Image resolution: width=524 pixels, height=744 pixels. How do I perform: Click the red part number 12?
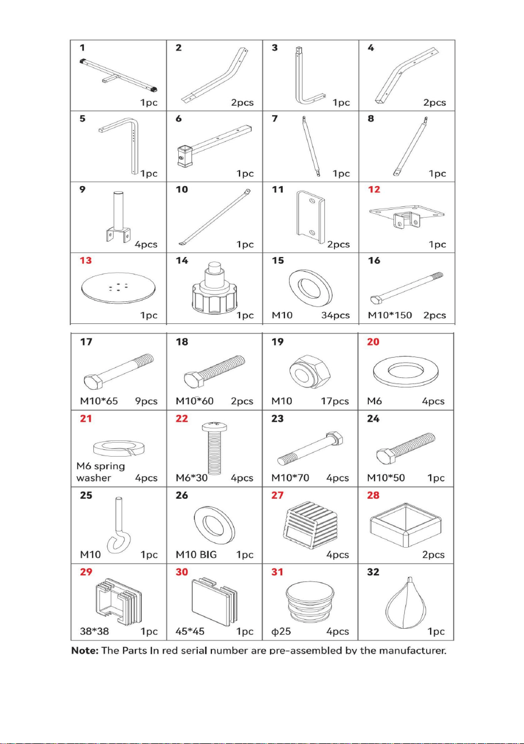click(374, 190)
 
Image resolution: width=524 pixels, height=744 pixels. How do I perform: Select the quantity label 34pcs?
click(336, 315)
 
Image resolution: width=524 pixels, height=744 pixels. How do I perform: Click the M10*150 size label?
click(390, 315)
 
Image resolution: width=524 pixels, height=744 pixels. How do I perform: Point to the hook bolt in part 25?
click(119, 525)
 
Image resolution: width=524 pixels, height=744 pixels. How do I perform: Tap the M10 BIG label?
click(196, 554)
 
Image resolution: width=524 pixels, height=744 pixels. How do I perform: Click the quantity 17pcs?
click(335, 401)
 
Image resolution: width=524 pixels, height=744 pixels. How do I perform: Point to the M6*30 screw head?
click(214, 426)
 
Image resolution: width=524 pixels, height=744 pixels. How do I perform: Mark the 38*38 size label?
click(94, 631)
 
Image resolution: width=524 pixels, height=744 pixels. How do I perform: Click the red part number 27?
click(277, 495)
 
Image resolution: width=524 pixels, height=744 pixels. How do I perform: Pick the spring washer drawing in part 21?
click(119, 448)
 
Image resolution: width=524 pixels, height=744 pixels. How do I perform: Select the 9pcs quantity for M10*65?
click(146, 401)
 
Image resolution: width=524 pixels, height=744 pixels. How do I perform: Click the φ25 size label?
click(281, 631)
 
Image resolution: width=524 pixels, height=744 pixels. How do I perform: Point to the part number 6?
click(179, 119)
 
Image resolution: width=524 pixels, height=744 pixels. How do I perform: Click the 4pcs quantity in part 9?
click(146, 244)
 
